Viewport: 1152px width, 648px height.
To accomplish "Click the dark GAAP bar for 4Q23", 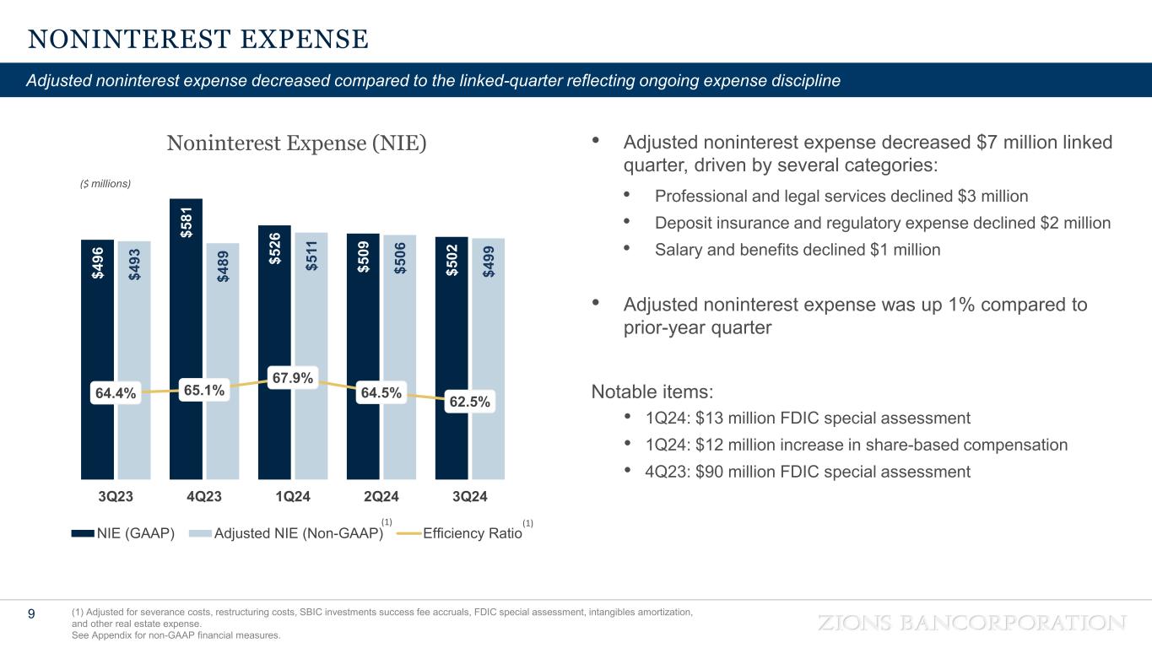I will pyautogui.click(x=186, y=337).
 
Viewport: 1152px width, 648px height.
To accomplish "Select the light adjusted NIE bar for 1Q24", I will pyautogui.click(x=311, y=337).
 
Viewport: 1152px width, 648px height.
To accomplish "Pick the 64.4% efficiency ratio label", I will pyautogui.click(x=115, y=393).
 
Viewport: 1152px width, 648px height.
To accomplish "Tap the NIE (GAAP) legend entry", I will pyautogui.click(x=123, y=532).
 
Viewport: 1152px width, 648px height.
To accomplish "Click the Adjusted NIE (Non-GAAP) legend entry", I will pyautogui.click(x=287, y=532).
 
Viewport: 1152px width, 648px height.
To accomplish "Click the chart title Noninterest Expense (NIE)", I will pyautogui.click(x=296, y=143).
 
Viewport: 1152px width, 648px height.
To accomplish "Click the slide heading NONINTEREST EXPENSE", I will pyautogui.click(x=198, y=39).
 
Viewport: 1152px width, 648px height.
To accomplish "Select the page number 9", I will pyautogui.click(x=31, y=614).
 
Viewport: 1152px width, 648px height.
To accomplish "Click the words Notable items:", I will pyautogui.click(x=652, y=391).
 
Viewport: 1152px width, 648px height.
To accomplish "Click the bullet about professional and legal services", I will pyautogui.click(x=841, y=197).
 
